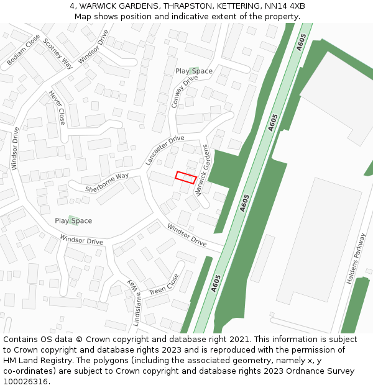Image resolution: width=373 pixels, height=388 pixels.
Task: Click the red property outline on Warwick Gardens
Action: pos(186,177)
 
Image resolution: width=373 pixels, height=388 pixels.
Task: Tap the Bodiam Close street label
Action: pos(23,51)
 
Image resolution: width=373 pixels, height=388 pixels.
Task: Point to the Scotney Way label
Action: pos(58,56)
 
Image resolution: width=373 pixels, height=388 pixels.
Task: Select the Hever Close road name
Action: pos(57,107)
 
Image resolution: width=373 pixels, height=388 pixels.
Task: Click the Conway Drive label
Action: pos(184,92)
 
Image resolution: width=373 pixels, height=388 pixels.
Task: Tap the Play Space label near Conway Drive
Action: pos(194,71)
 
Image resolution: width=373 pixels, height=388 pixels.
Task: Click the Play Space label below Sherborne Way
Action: pos(73,221)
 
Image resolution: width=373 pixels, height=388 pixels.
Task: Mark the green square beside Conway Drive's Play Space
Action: pos(194,70)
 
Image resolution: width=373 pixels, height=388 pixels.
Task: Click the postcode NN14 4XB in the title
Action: pos(285,6)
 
